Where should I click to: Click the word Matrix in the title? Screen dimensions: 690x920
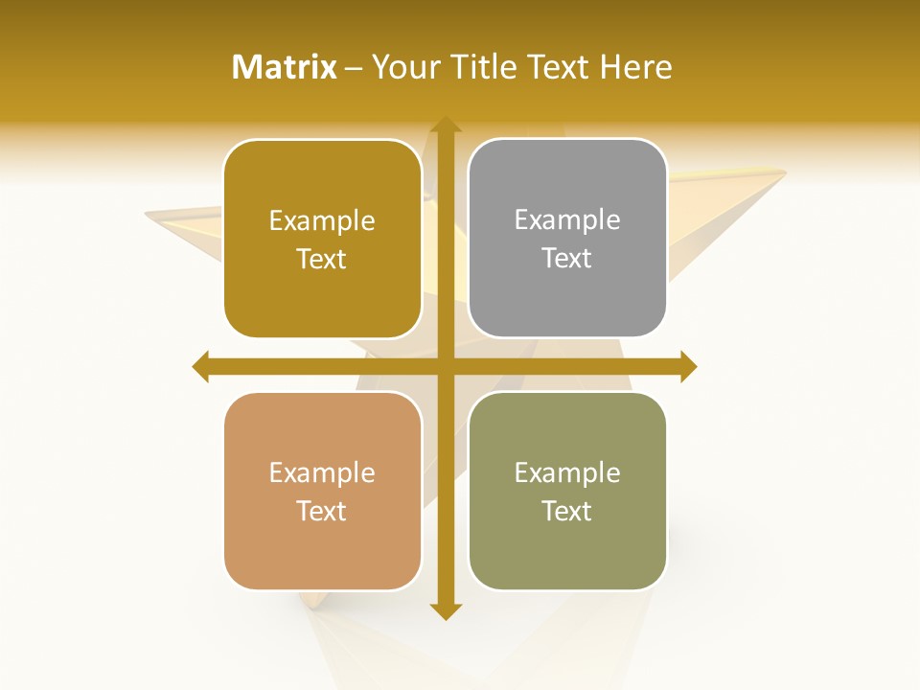285,67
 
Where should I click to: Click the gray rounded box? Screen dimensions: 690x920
567,239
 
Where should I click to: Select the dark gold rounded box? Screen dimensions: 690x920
322,239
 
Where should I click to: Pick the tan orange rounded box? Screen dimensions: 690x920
322,491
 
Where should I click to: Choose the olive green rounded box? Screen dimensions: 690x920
567,491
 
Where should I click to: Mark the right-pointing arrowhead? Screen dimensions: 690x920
688,366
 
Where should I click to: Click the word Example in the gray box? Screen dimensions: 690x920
567,219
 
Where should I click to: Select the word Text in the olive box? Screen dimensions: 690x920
567,511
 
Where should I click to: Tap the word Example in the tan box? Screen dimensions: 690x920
322,472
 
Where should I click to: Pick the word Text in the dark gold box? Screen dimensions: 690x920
322,259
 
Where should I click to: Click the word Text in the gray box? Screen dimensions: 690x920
567,259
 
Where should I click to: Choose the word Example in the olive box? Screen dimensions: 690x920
567,472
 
